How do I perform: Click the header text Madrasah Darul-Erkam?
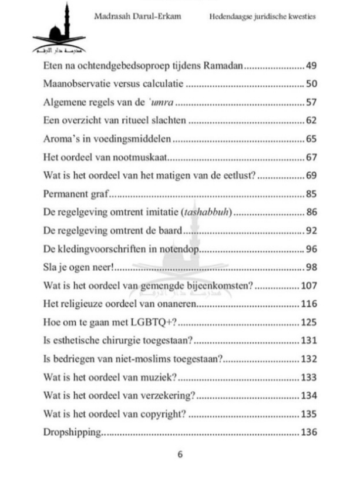point(137,16)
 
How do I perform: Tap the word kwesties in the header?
point(300,16)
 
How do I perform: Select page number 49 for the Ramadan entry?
point(311,66)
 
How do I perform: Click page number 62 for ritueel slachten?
point(311,121)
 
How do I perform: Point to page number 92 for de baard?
point(311,230)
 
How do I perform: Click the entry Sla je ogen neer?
point(78,267)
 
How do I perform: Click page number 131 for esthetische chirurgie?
point(309,341)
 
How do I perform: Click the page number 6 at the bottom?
point(180,455)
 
